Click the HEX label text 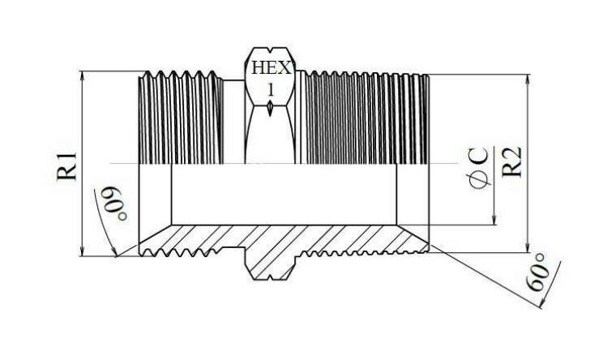272,67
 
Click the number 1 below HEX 271,90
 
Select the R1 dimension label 67,165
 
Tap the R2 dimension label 512,161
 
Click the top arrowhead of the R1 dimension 83,76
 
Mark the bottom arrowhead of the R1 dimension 83,251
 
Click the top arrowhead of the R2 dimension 528,79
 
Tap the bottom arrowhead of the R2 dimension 528,247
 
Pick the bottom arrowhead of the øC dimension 494,220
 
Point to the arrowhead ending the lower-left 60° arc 114,252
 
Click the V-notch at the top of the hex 269,51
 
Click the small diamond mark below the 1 269,108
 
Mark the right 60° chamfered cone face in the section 413,234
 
